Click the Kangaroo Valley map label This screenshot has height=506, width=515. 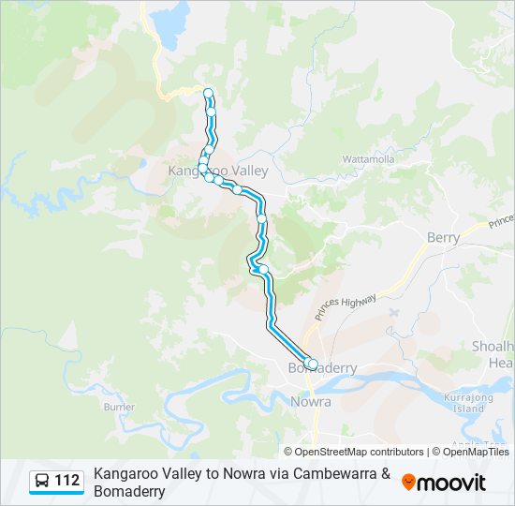pos(218,171)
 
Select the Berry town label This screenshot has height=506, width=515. pos(443,238)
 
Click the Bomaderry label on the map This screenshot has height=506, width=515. pos(322,368)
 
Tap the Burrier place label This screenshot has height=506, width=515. pos(119,407)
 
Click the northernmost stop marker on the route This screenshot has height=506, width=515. pos(208,92)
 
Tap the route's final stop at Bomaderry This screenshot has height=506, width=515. pos(313,364)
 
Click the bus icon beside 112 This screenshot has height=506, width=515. pos(42,482)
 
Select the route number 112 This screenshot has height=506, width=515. pos(66,482)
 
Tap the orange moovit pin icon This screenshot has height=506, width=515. pos(408,483)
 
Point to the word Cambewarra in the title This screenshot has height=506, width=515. pos(337,474)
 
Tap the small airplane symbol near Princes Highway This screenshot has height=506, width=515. pos(390,310)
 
